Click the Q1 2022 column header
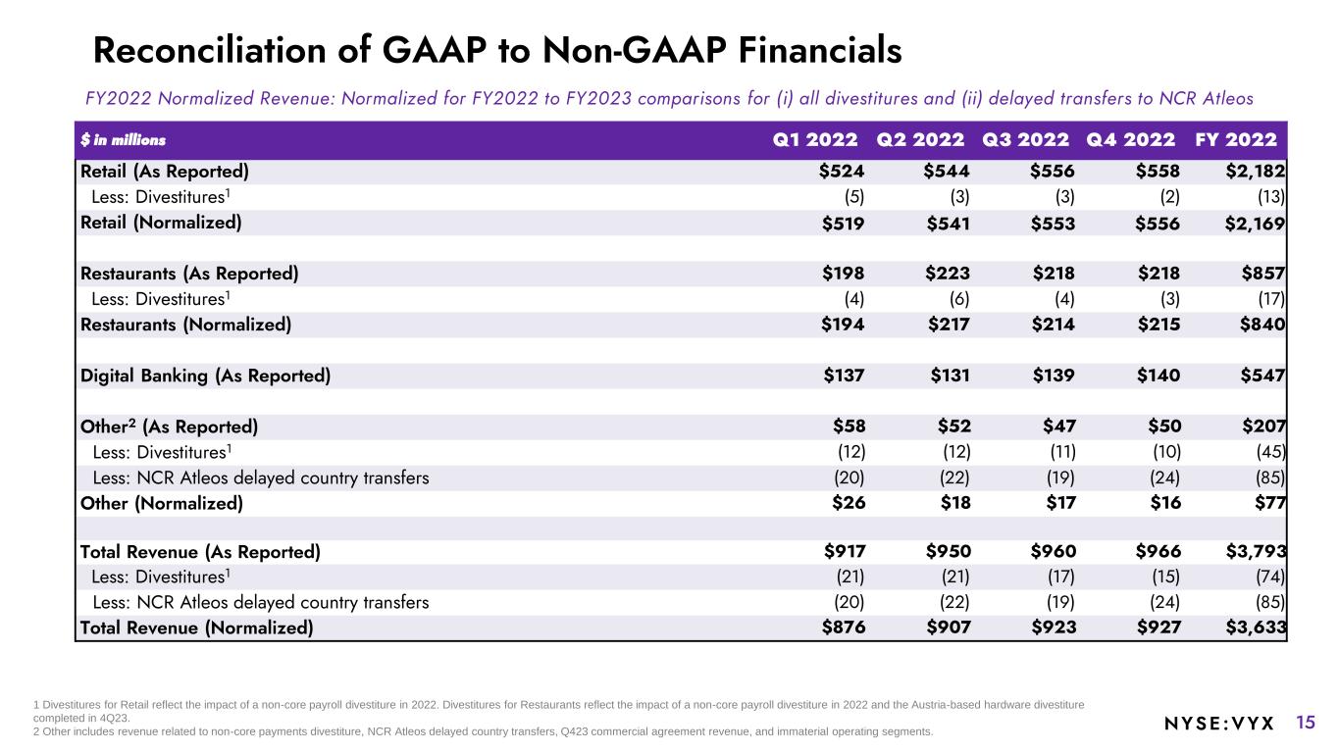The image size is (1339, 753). [815, 139]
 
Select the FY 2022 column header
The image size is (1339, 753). [1236, 139]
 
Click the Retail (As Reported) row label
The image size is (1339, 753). [165, 172]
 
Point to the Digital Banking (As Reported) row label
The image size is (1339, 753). [205, 376]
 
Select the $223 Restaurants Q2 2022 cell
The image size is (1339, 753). [948, 274]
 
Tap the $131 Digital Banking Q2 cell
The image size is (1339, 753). [948, 376]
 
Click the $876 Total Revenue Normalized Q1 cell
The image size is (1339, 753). [844, 628]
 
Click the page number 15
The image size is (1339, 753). [1306, 723]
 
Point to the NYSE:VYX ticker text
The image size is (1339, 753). [1218, 724]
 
